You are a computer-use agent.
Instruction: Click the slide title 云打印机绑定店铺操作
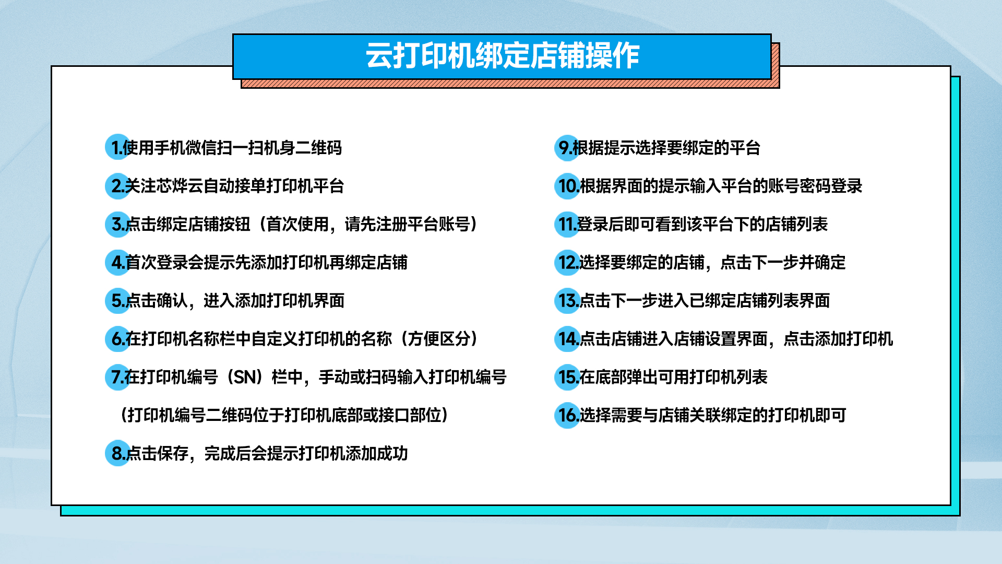[x=502, y=56]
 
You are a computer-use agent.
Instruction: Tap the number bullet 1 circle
[x=118, y=147]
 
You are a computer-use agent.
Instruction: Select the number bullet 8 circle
[x=118, y=453]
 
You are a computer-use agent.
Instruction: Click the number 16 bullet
[x=567, y=415]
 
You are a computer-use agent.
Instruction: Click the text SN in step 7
[x=244, y=377]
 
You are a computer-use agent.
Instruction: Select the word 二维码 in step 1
[x=318, y=148]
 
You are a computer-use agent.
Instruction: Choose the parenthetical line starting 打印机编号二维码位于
[x=284, y=415]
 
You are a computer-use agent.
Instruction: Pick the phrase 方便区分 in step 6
[x=439, y=339]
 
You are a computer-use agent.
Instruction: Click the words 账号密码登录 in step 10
[x=815, y=186]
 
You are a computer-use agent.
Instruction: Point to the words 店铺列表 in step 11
[x=796, y=224]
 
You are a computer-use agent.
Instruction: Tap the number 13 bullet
[x=567, y=300]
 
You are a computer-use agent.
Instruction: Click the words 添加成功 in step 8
[x=377, y=453]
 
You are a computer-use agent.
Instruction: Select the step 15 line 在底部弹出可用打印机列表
[x=673, y=377]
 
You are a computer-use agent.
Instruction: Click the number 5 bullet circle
[x=118, y=300]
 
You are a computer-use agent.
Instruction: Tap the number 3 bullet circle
[x=118, y=224]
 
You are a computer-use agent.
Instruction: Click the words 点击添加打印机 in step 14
[x=838, y=339]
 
